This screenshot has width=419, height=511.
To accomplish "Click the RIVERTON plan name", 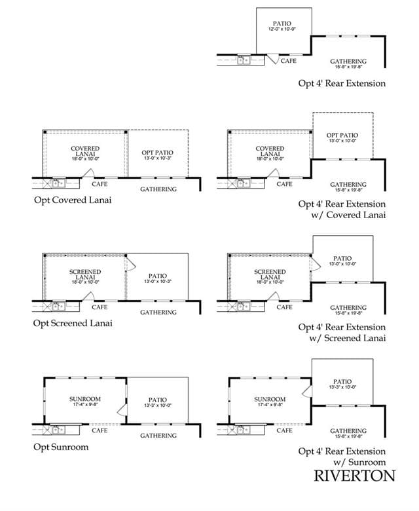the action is point(355,476).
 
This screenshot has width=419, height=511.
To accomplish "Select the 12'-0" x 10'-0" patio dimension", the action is point(282,29).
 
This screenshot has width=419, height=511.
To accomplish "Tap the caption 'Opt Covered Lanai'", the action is point(73,200).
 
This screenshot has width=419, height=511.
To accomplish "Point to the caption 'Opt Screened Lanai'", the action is point(73,323).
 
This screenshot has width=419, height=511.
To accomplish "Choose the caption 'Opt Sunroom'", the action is point(61,447).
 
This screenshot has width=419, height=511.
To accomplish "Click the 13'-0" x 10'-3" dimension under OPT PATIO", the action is point(158,158).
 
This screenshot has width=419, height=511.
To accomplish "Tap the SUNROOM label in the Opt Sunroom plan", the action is point(85,399).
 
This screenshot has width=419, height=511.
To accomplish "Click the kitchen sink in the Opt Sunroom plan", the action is point(59,430).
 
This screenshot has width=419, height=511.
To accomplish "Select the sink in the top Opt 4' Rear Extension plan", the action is point(244,60).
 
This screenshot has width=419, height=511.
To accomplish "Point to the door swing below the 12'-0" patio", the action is point(274,59).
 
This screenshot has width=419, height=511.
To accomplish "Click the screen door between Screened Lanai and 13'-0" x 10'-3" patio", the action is point(130,264).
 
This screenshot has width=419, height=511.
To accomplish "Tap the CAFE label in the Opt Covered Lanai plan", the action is point(100,184).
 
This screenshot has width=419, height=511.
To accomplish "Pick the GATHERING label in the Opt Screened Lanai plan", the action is point(158,312).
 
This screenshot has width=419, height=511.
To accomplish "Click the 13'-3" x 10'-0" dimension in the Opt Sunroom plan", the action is point(158,406).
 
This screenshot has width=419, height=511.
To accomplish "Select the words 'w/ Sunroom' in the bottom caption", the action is point(359,462).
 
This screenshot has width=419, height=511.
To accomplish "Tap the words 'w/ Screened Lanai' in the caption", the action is point(348,338).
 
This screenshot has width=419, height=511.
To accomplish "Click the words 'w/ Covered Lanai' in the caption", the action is point(348,215).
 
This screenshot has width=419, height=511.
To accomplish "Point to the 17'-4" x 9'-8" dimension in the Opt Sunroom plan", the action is point(85,404).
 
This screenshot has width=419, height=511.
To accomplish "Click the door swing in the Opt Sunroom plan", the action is point(122,409).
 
